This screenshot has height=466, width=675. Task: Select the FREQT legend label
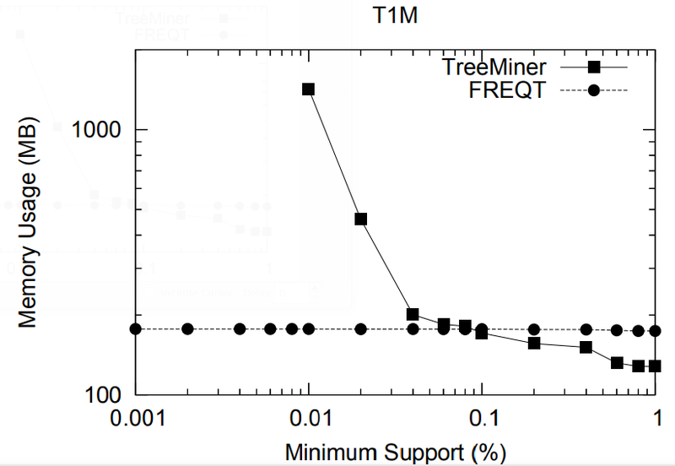point(516,90)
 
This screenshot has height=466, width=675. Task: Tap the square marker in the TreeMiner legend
point(594,66)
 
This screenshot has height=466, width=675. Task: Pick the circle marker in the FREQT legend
point(594,90)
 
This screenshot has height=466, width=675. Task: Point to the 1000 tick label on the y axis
point(100,129)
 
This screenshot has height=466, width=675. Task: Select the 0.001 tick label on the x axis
point(135,418)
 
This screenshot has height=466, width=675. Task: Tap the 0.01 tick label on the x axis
point(309,418)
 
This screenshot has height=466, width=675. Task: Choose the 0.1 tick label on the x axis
point(482,418)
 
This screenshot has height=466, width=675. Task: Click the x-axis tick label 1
point(656,418)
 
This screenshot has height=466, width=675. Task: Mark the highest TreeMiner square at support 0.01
point(309,89)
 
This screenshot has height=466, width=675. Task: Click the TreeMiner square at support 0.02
point(361,219)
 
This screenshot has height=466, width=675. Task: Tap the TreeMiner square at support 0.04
point(413,314)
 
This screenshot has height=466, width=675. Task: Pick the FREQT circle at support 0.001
point(135,328)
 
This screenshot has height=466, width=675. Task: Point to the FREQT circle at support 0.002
point(187,328)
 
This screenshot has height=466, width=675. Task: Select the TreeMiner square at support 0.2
point(534,343)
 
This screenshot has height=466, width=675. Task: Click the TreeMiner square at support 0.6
point(617,362)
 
